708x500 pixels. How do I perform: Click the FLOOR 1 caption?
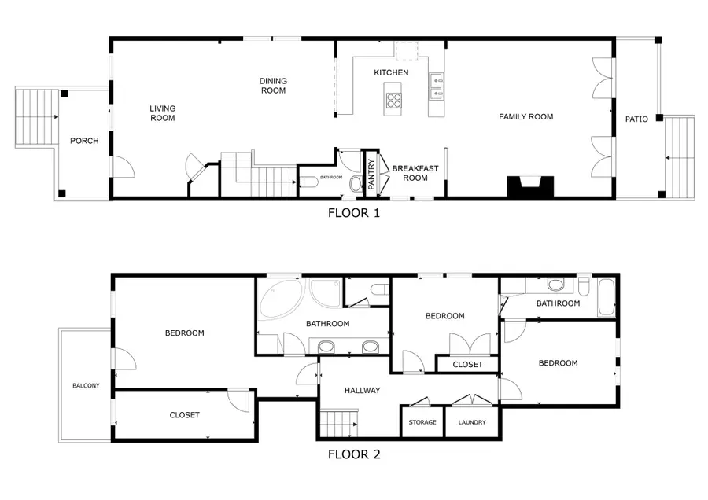point(353,212)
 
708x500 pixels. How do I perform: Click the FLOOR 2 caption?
point(353,454)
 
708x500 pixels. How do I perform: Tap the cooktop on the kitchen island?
point(393,100)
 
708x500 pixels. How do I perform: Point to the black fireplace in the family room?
point(529,187)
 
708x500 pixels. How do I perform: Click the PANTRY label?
point(371,173)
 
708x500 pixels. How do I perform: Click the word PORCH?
point(84,142)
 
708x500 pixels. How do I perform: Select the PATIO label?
point(636,119)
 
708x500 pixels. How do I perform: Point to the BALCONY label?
point(86,385)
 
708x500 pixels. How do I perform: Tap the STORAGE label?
point(422,422)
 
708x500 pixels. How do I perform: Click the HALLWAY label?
point(362,390)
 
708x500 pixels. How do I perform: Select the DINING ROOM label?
point(273,85)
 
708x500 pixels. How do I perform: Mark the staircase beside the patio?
point(680,157)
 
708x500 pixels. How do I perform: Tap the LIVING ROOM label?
point(163,113)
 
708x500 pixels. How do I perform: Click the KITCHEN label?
point(391,72)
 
